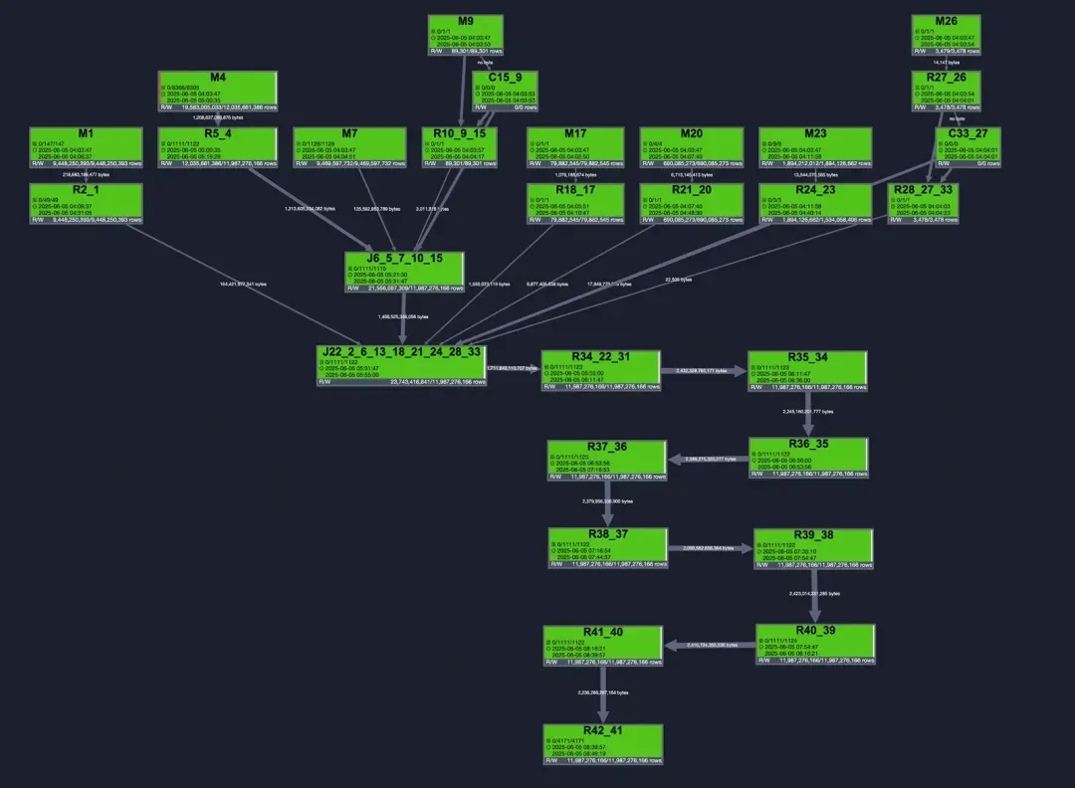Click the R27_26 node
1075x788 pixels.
[947, 92]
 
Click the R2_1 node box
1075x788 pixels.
[86, 204]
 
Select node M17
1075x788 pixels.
[575, 147]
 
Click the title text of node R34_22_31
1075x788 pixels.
[601, 356]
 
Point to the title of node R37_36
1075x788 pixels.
[606, 446]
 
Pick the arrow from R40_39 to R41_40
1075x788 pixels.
[709, 645]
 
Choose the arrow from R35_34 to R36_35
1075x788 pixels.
[808, 415]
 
